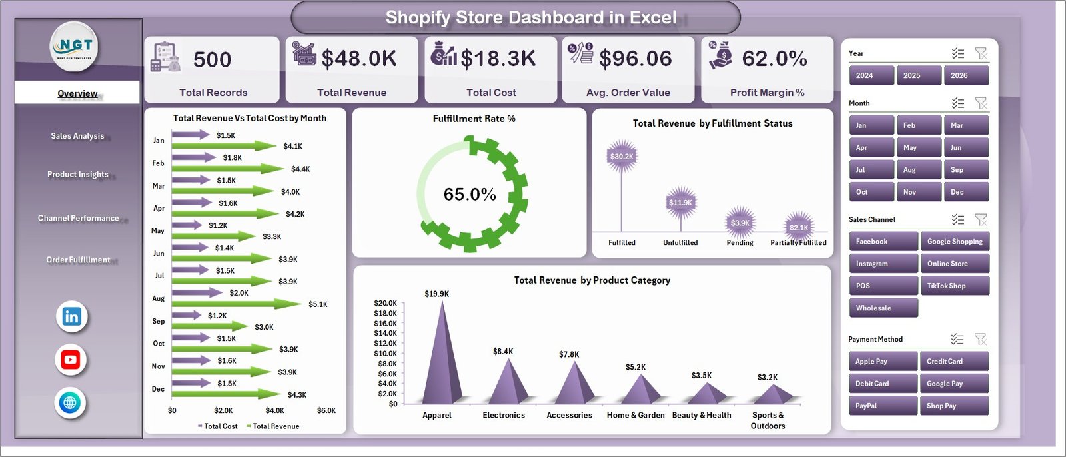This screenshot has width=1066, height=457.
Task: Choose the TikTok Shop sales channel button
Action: (x=954, y=286)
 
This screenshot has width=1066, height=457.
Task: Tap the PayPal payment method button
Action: (x=883, y=406)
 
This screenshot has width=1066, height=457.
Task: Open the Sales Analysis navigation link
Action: (x=77, y=136)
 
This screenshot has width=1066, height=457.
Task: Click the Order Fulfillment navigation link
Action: (x=78, y=260)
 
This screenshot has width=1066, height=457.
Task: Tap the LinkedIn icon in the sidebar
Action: (x=71, y=317)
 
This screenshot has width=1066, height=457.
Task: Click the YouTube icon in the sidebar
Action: (x=71, y=360)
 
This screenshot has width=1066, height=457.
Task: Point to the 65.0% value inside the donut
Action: (x=470, y=195)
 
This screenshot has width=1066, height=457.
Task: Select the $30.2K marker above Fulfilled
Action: (x=622, y=157)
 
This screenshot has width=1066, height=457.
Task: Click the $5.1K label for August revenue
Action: (x=318, y=304)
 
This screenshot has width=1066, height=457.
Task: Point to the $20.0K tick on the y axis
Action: (x=385, y=303)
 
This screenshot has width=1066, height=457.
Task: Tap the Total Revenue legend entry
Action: (x=275, y=426)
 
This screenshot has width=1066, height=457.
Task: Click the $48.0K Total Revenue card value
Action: (x=359, y=59)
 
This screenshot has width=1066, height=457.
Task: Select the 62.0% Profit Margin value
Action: (x=774, y=59)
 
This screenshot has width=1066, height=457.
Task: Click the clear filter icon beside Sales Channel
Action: (x=981, y=219)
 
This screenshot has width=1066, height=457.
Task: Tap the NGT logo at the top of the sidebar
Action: (x=75, y=46)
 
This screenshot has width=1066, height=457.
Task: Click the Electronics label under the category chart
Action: (x=504, y=415)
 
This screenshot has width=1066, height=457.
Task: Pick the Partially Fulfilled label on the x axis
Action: (x=798, y=243)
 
